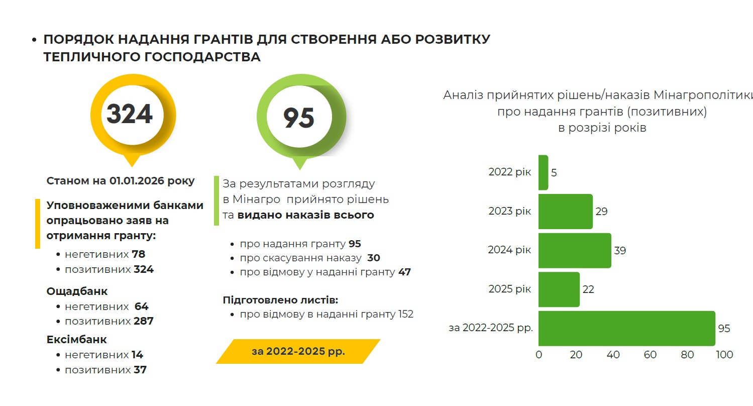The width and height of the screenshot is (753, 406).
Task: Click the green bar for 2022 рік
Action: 543,172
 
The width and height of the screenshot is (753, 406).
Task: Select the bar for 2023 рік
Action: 565,212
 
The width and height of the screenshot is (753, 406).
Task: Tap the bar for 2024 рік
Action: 575,250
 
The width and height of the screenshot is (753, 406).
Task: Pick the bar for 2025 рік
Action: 559,289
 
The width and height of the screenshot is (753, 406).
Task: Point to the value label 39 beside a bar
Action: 620,250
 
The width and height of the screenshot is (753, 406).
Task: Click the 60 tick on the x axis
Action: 650,355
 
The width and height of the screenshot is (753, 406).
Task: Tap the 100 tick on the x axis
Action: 724,355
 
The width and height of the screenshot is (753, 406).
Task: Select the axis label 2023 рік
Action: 509,212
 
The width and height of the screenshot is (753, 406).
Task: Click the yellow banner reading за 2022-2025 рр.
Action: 298,351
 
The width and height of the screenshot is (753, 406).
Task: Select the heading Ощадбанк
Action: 77,291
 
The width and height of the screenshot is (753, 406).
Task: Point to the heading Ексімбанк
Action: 76,340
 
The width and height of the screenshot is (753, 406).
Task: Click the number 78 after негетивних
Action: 138,254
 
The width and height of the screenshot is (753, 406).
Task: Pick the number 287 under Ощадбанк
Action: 144,321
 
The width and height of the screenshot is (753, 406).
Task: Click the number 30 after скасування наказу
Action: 374,258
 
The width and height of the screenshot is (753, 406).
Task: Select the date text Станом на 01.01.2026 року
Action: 121,181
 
